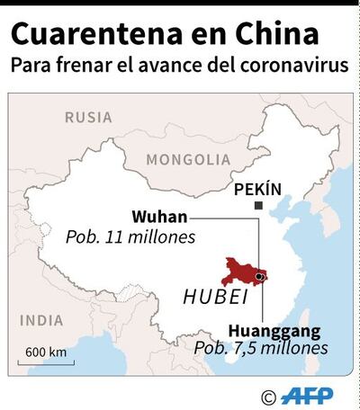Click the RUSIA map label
tap(87, 117)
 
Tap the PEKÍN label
tap(257, 190)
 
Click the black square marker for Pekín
tap(259, 207)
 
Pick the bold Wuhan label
tap(160, 218)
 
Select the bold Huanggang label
tap(274, 330)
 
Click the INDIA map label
tap(42, 320)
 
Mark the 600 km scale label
tap(45, 351)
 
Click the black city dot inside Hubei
tap(259, 277)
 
